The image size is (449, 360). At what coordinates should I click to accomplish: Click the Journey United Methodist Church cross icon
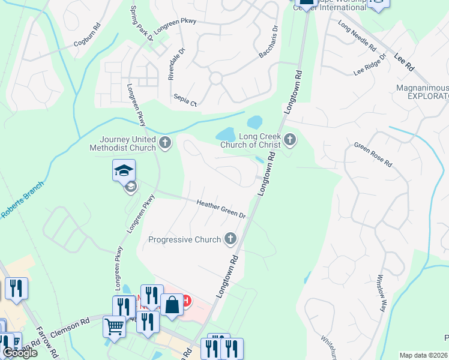click(x=165, y=143)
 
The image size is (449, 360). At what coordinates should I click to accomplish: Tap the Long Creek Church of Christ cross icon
click(x=291, y=140)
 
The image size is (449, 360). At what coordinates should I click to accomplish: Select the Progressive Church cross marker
click(x=230, y=239)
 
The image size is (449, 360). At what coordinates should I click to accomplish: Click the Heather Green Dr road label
click(x=221, y=209)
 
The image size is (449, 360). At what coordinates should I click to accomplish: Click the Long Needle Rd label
click(x=357, y=35)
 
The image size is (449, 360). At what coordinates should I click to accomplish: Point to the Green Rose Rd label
click(x=373, y=154)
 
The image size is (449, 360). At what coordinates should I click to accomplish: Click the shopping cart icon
click(x=115, y=328)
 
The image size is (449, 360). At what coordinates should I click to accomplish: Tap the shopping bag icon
click(x=172, y=304)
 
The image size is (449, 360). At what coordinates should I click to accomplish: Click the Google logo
click(x=19, y=353)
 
